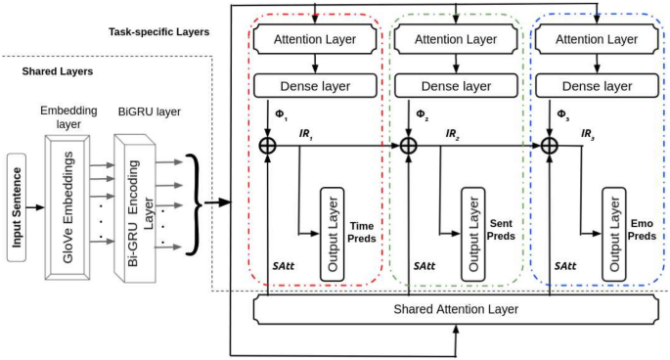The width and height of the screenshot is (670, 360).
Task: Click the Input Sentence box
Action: [x=16, y=206]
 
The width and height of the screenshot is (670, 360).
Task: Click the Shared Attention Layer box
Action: [x=456, y=309]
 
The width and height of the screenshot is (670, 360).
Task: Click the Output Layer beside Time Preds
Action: [x=331, y=233]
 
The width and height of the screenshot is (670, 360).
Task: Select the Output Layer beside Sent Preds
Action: [x=472, y=233]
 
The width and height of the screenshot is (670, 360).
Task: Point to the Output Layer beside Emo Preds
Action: [x=613, y=233]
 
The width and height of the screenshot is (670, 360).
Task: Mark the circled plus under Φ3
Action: [x=550, y=145]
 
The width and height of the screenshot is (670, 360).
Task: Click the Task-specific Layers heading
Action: [x=158, y=31]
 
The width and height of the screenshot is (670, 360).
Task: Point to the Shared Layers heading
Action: [x=58, y=71]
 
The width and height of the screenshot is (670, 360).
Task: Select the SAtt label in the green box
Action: [x=424, y=265]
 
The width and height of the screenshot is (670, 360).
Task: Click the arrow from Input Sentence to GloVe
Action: [x=35, y=207]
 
